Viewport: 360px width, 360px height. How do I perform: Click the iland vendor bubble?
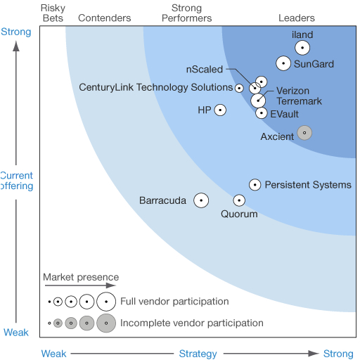point(302,48)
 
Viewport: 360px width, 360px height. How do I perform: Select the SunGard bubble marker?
point(283,63)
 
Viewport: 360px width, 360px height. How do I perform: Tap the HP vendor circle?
point(220,110)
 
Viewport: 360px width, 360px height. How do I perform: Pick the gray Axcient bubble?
point(304,133)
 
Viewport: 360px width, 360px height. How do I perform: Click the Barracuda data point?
point(201,200)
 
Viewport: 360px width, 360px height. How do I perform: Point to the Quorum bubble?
point(239,200)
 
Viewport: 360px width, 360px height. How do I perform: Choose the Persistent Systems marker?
point(255,185)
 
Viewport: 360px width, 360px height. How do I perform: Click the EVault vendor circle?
point(262,113)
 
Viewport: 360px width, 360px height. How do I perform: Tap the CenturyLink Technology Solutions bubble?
point(239,88)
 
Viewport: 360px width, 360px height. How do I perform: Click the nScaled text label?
point(205,70)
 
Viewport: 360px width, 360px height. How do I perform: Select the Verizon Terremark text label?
point(299,96)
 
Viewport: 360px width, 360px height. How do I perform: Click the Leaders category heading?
point(297,18)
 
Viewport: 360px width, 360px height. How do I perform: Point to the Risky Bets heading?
point(53,13)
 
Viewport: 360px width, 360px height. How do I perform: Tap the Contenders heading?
point(105,18)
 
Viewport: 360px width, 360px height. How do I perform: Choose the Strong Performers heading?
point(187,13)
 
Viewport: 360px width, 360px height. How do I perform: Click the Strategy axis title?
point(198,354)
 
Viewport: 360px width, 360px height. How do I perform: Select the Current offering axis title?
point(17,181)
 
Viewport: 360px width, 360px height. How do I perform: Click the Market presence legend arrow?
point(80,285)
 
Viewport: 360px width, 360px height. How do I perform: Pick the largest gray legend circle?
point(106,323)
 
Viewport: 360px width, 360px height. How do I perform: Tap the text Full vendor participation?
point(174,302)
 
